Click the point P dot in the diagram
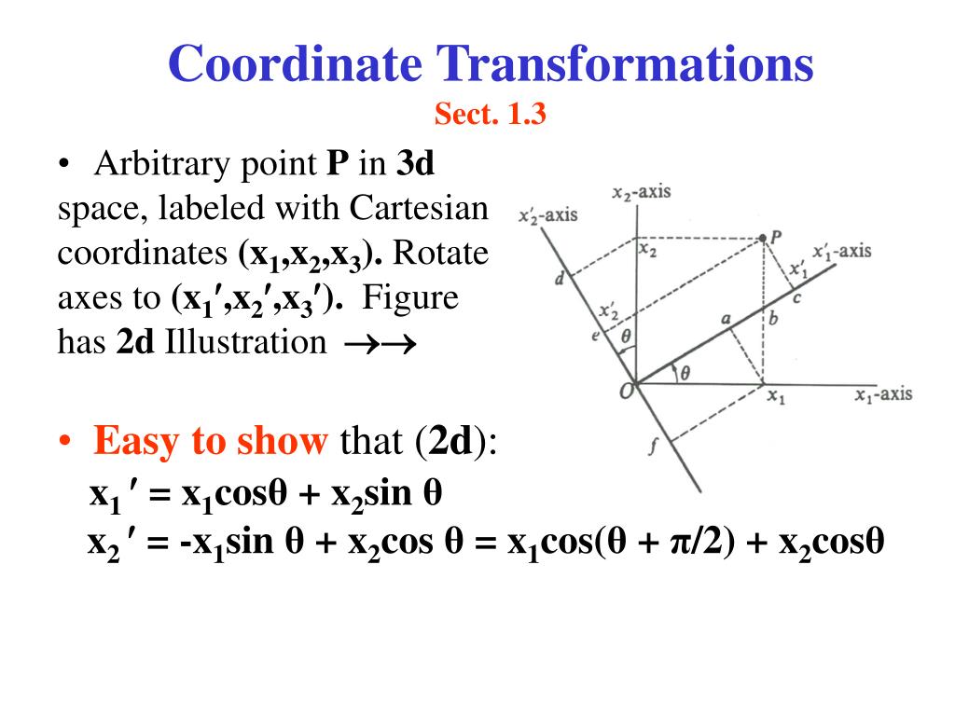click(763, 239)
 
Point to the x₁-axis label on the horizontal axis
click(883, 394)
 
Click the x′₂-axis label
click(547, 215)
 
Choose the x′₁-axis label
click(841, 251)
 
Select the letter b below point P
click(772, 320)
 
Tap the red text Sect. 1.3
click(490, 115)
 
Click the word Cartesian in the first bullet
click(420, 208)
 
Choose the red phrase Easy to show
click(210, 441)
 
